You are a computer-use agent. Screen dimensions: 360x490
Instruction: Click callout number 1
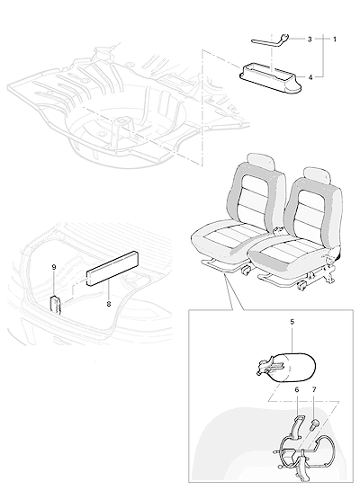pyautogui.click(x=335, y=40)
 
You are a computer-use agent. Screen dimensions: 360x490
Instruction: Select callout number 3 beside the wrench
pyautogui.click(x=310, y=40)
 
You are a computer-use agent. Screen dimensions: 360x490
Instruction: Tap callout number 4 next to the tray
pyautogui.click(x=310, y=77)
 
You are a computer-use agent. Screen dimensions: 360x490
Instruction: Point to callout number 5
pyautogui.click(x=292, y=322)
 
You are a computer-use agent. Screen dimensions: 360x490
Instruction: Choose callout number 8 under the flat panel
pyautogui.click(x=109, y=303)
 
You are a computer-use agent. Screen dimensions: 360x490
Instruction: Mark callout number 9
pyautogui.click(x=54, y=267)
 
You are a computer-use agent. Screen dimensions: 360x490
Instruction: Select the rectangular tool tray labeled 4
pyautogui.click(x=271, y=79)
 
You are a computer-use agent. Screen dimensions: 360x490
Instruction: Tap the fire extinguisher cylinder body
pyautogui.click(x=295, y=368)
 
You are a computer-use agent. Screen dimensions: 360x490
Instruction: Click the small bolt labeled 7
pyautogui.click(x=314, y=424)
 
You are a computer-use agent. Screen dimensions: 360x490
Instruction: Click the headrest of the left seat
pyautogui.click(x=261, y=162)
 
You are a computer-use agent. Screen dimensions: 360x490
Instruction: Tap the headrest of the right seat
pyautogui.click(x=317, y=175)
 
